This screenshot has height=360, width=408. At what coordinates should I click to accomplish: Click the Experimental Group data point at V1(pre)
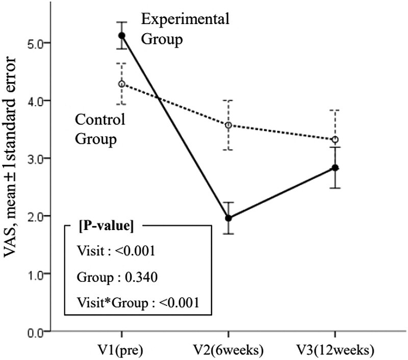pos(121,35)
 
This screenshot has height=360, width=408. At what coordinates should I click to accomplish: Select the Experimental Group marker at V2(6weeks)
pos(228,218)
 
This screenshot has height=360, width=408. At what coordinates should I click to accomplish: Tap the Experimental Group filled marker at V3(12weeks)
pos(335,168)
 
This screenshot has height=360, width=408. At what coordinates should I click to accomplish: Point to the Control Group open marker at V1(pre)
pos(121,84)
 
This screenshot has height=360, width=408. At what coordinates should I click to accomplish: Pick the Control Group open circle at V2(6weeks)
pos(228,125)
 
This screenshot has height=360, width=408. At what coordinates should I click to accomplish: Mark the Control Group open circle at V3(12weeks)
pos(335,139)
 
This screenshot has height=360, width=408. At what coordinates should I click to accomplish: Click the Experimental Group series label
pos(185,30)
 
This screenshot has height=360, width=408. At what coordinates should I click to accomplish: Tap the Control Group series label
pos(100,130)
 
